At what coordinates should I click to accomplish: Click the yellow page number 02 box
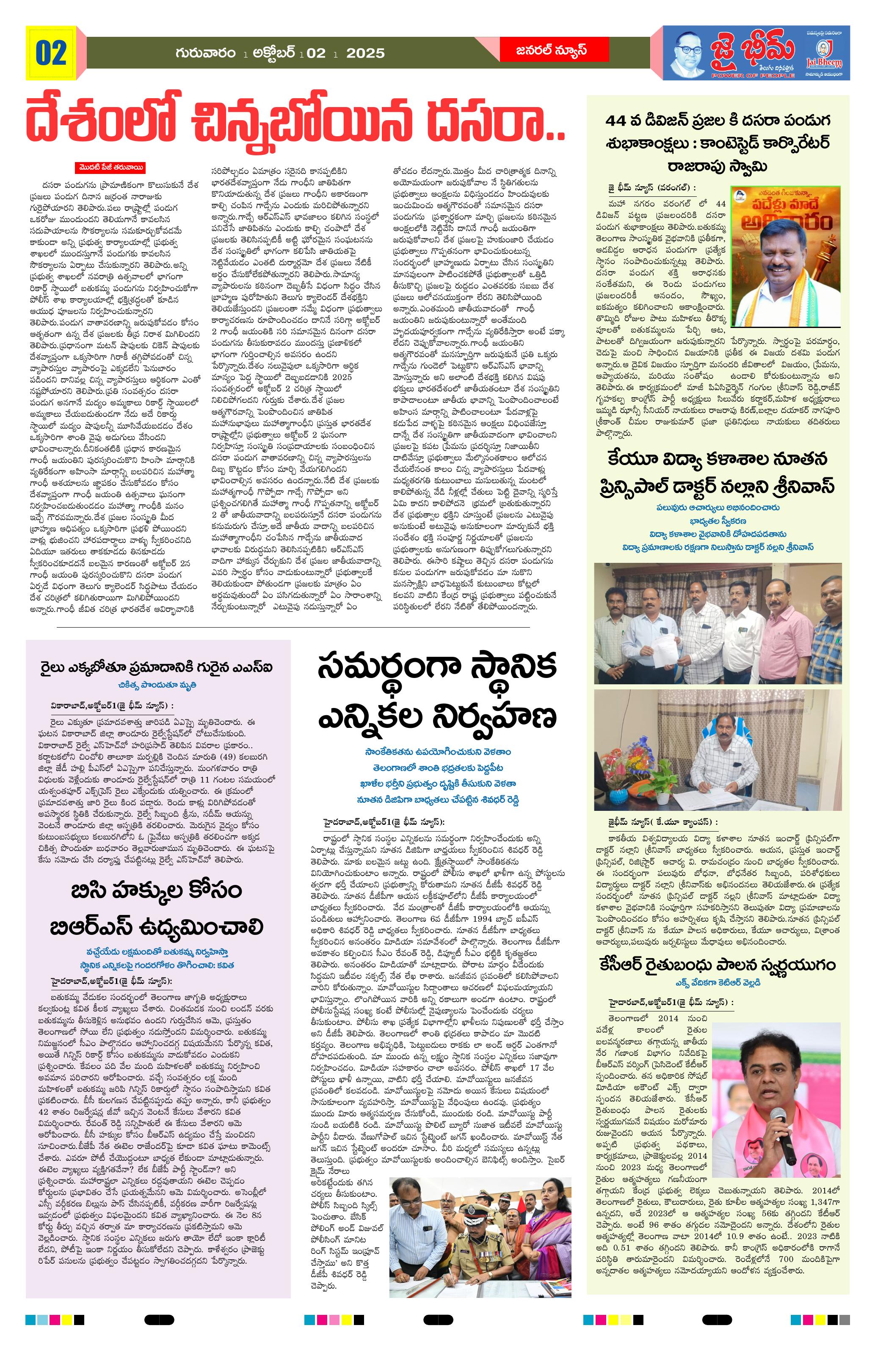pyautogui.click(x=51, y=53)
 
